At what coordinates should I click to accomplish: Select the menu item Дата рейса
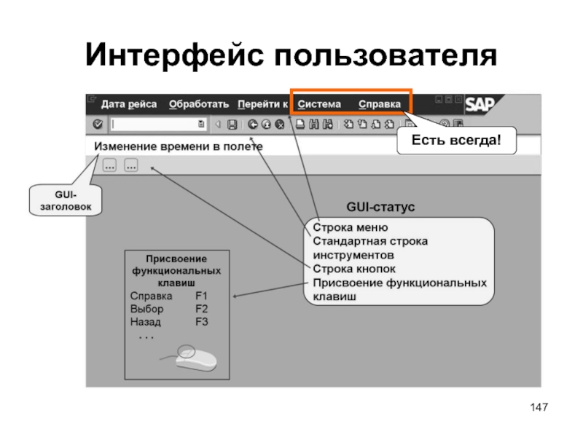(x=129, y=104)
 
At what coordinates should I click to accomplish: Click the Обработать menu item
(x=199, y=104)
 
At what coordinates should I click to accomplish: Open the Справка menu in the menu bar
(x=379, y=104)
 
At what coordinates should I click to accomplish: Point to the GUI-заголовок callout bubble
(x=66, y=200)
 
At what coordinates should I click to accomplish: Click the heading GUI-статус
(x=380, y=208)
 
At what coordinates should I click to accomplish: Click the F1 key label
(x=202, y=296)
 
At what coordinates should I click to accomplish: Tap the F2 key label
(x=202, y=309)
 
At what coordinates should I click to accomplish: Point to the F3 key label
(x=202, y=321)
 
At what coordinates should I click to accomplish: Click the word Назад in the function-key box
(x=145, y=321)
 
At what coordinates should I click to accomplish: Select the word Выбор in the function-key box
(x=146, y=309)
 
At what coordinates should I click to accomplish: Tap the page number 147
(x=538, y=406)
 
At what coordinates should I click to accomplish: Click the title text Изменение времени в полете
(x=179, y=146)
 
